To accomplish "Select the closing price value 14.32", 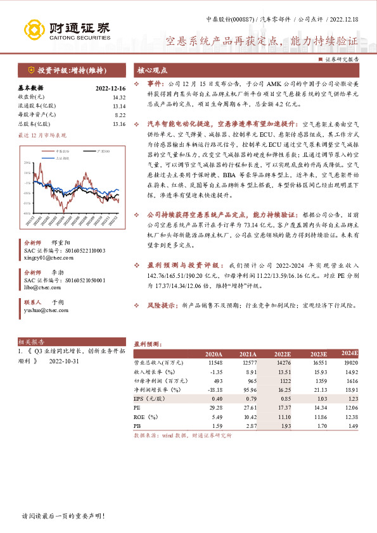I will click(118, 97).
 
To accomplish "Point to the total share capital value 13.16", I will click(118, 124).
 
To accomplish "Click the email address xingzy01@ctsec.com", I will click(48, 259).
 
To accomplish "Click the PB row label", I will click(137, 428).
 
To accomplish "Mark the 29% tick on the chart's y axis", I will click(27, 163).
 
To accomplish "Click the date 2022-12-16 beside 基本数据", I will click(110, 89).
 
